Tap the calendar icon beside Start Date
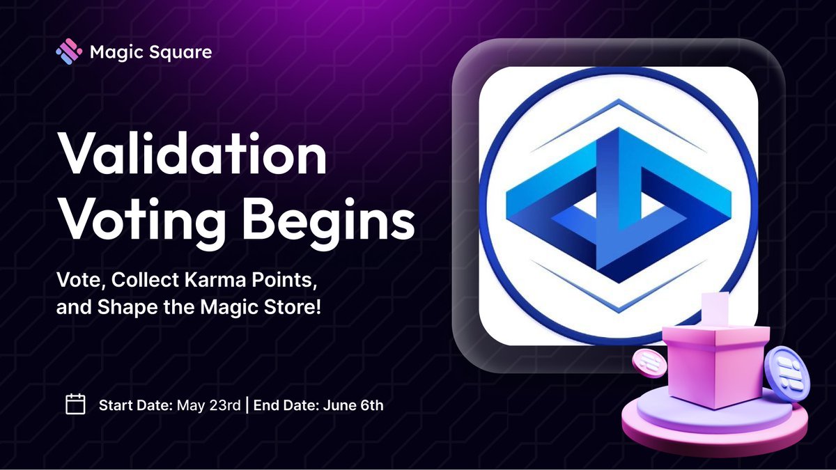(75, 405)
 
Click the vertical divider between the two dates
(248, 405)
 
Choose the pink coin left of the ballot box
(648, 363)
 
